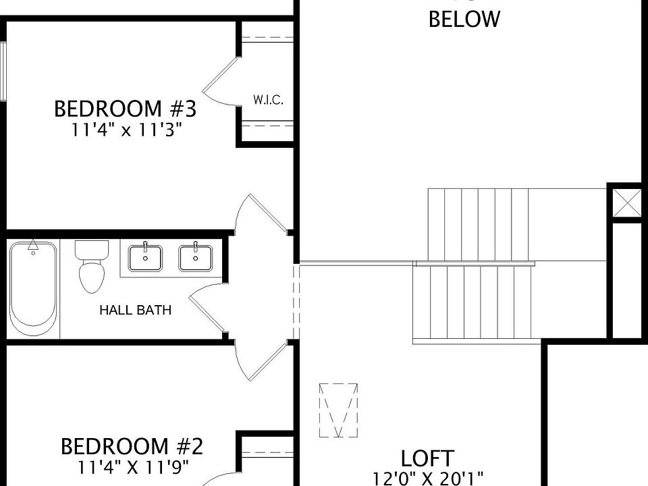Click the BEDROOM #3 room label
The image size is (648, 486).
point(126,109)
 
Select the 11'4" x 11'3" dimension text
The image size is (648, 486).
point(128,130)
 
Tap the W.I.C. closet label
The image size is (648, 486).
point(268,100)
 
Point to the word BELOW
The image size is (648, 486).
point(464,19)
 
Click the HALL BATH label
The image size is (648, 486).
point(135,310)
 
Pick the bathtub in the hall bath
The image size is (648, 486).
point(32,288)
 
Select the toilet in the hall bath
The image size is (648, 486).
point(91,267)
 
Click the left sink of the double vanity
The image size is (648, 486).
point(145,257)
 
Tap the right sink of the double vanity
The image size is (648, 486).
point(196,257)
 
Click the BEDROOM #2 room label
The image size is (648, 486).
point(132,446)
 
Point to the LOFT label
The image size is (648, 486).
point(427,458)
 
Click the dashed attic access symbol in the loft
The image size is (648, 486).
point(338,410)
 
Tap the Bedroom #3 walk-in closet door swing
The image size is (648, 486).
point(221,82)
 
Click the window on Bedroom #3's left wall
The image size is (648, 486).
point(3,71)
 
